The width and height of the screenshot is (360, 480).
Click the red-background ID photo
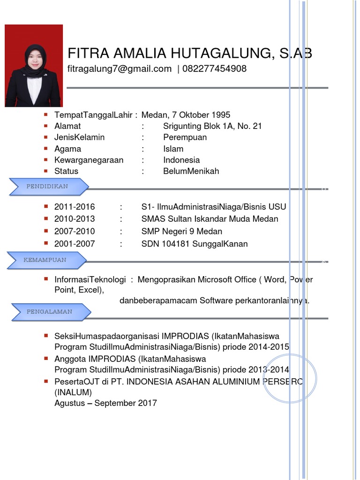pos(33,66)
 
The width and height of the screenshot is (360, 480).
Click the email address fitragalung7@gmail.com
pos(120,69)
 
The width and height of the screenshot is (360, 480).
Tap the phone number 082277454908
pos(214,69)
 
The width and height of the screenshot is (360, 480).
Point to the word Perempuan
pos(185,137)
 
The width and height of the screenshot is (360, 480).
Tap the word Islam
pos(173,149)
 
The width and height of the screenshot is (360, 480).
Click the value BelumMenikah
pos(191,171)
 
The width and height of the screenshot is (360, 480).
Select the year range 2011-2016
pos(75,207)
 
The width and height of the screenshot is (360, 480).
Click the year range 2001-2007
pos(75,244)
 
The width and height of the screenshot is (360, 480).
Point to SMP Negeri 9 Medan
pos(182,231)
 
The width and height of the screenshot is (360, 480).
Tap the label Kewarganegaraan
pos(89,160)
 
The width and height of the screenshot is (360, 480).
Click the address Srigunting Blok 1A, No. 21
pos(212,126)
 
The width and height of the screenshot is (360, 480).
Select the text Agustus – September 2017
pos(105,403)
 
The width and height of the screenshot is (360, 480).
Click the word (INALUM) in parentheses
pos(73,392)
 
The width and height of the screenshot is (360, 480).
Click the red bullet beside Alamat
pos(45,126)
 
